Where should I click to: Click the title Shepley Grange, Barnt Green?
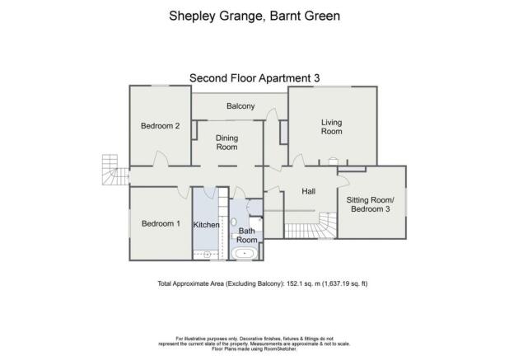(x=254, y=15)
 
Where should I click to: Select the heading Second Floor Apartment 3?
(x=254, y=77)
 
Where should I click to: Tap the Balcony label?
(x=240, y=106)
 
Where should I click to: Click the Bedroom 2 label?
(x=160, y=126)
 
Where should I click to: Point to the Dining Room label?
(x=226, y=143)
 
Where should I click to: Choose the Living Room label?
(x=331, y=127)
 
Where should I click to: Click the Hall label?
(x=309, y=191)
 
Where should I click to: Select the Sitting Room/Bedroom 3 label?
(x=370, y=205)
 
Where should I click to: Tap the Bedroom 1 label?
(x=160, y=224)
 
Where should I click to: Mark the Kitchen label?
(x=206, y=225)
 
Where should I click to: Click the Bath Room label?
(x=247, y=236)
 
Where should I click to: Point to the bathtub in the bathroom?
(x=245, y=253)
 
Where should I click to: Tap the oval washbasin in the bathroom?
(x=235, y=222)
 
